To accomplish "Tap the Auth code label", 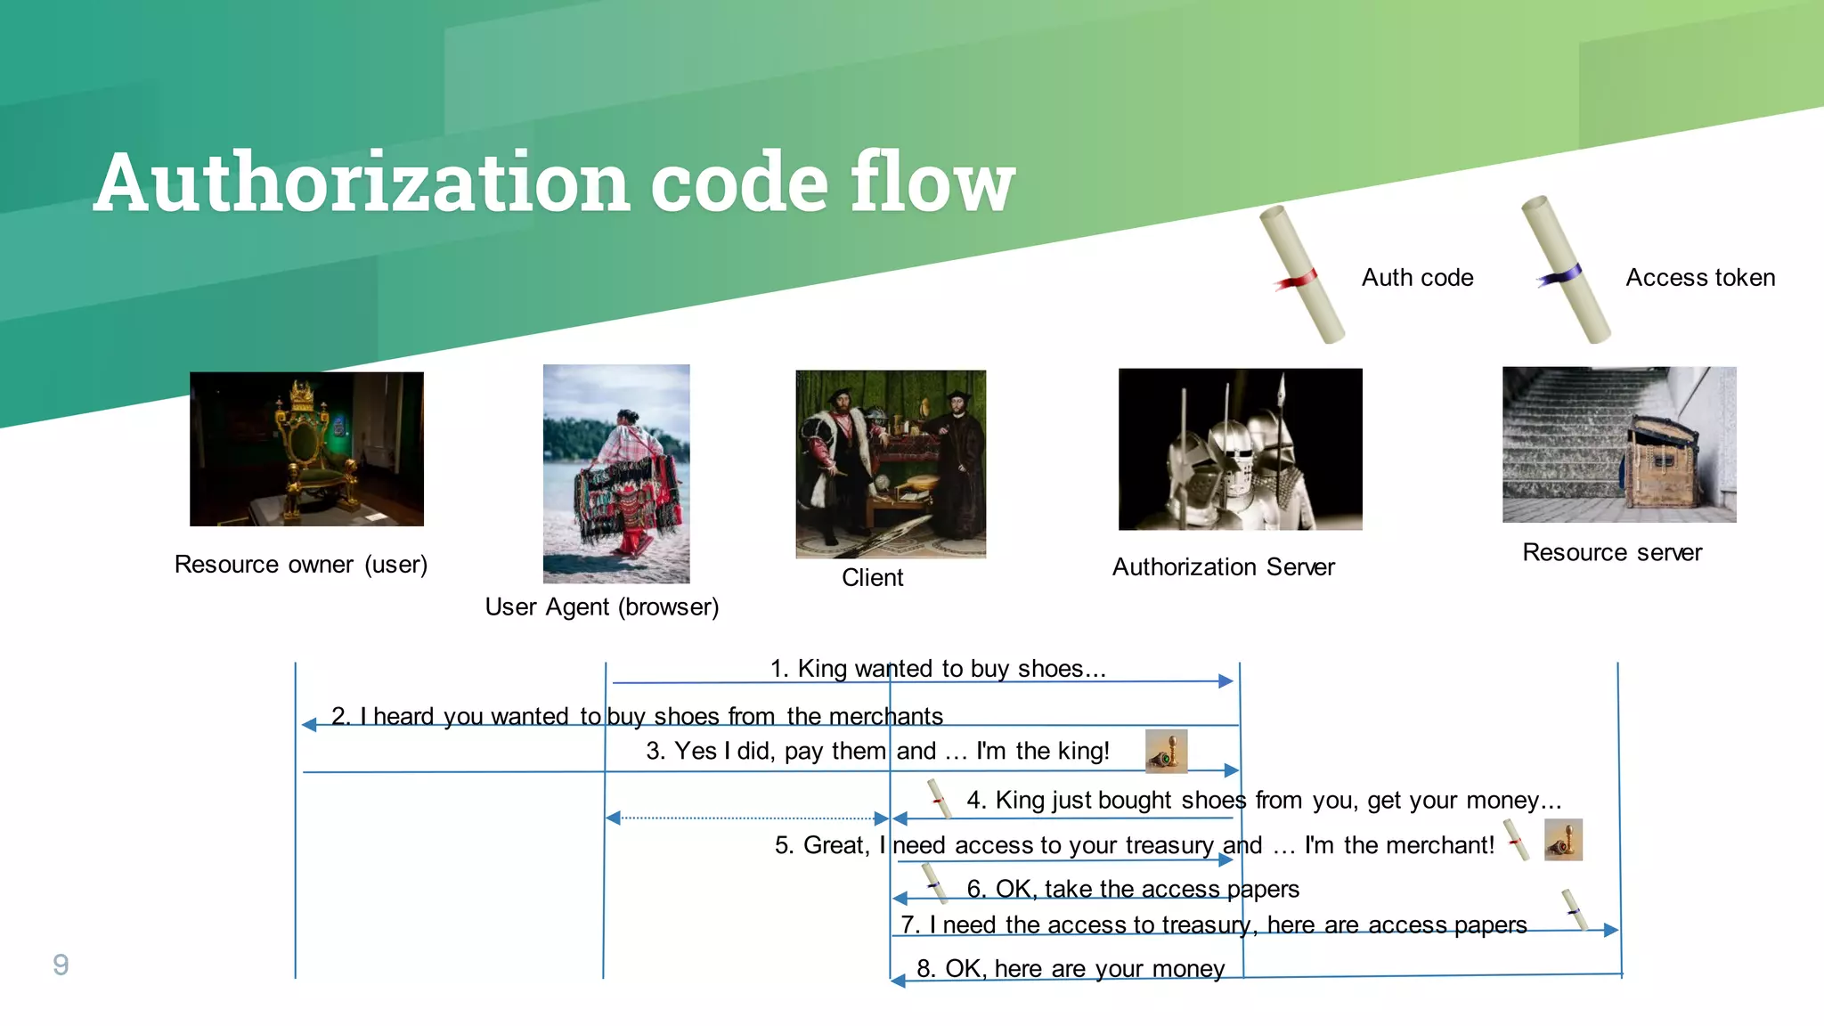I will click(1417, 278).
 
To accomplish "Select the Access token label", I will click(1699, 278).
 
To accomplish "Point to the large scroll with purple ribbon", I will click(1565, 270).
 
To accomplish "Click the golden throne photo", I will click(306, 449).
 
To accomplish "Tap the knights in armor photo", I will click(1240, 449).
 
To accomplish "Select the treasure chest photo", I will click(1618, 444).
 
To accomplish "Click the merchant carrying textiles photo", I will click(616, 473).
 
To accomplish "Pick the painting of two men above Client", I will click(890, 464).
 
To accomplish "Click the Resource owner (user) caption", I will click(301, 565).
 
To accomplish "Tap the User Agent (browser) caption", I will click(602, 607).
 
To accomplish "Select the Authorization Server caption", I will click(1223, 567).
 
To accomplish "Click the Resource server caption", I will click(1611, 553).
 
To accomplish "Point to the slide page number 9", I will click(61, 965).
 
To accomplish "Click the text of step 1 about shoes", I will click(937, 668).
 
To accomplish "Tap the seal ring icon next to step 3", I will click(1166, 751).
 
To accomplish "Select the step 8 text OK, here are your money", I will click(1071, 968).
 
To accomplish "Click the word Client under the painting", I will click(872, 578).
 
